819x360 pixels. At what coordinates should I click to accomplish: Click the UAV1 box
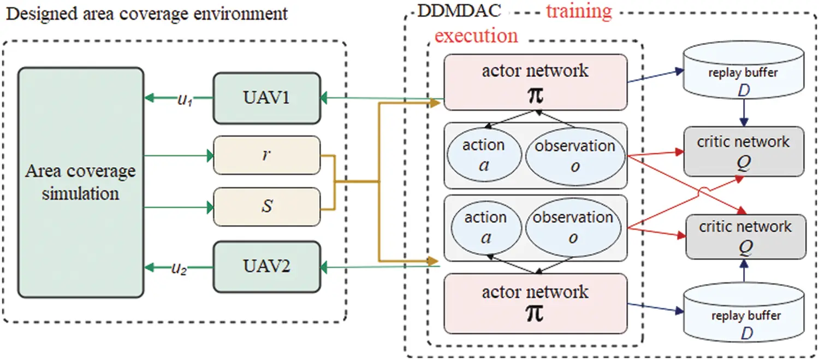tap(266, 98)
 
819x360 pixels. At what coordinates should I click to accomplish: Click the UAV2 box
tap(266, 267)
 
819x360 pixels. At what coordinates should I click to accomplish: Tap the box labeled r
tap(266, 155)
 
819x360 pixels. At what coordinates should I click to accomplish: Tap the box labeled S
tap(266, 207)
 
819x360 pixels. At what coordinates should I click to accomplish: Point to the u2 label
tap(180, 268)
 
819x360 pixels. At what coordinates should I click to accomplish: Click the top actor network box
tap(535, 82)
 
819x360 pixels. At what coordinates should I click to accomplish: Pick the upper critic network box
tap(743, 151)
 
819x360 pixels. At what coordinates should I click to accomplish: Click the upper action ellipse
tap(483, 155)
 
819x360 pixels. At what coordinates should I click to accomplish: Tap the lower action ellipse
tap(485, 227)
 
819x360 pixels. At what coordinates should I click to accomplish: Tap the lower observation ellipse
tap(573, 227)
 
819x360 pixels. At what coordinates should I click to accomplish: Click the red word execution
tap(476, 36)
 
